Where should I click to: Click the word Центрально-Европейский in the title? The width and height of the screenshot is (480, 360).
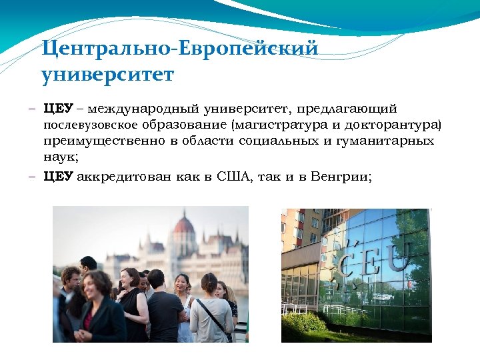pyautogui.click(x=179, y=49)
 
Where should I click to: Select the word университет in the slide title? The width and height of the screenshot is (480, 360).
pyautogui.click(x=107, y=75)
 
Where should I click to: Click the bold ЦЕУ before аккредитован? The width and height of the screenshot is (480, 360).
pyautogui.click(x=58, y=177)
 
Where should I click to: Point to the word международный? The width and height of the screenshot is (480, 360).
pyautogui.click(x=143, y=108)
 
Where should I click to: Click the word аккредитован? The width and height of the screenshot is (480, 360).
pyautogui.click(x=125, y=177)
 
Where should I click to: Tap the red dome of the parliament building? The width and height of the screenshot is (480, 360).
pyautogui.click(x=183, y=225)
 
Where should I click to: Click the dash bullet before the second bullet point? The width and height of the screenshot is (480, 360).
pyautogui.click(x=32, y=177)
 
